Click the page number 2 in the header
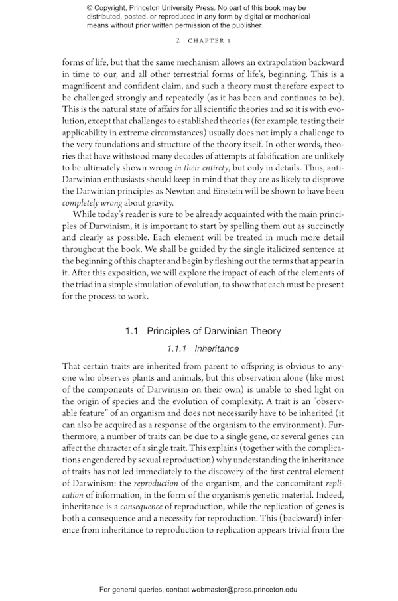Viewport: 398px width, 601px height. pos(178,41)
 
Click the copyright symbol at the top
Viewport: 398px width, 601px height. pos(90,7)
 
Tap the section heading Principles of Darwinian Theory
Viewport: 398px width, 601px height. pos(214,331)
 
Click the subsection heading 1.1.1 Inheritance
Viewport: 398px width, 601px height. pos(203,348)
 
